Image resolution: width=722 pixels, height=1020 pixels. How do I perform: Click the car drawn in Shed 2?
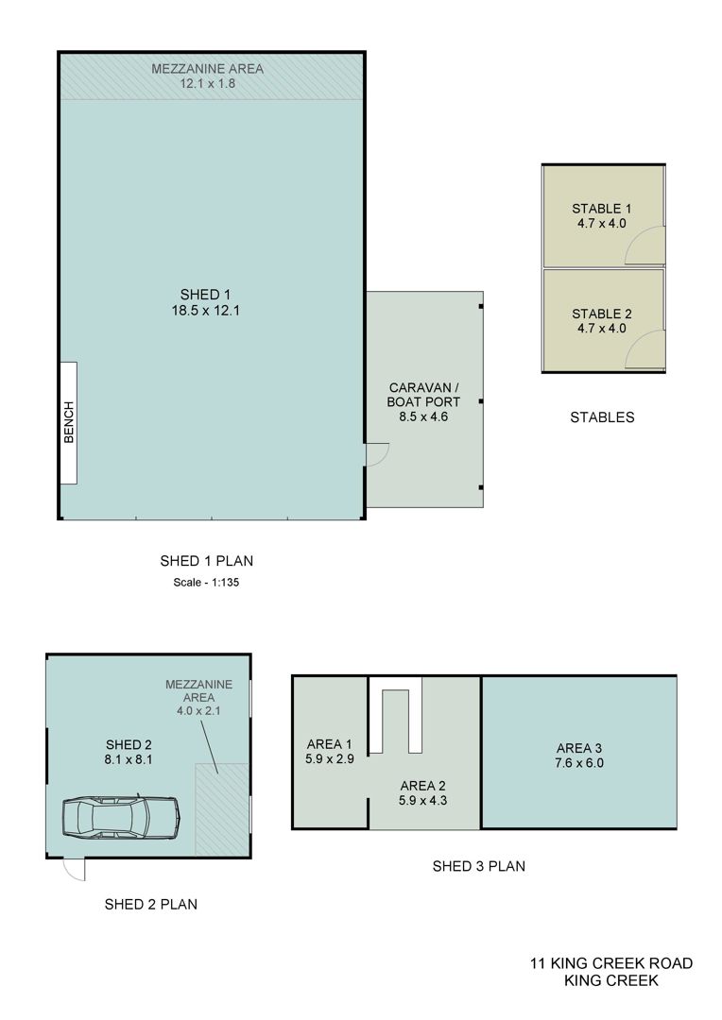[121, 816]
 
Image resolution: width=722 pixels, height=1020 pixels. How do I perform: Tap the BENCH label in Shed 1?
[69, 422]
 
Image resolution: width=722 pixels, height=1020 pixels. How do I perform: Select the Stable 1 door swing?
[645, 246]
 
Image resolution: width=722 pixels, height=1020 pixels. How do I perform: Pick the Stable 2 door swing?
[645, 349]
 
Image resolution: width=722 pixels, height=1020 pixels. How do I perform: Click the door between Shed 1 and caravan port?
[377, 454]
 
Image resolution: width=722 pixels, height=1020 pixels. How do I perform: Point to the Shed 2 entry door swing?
[75, 869]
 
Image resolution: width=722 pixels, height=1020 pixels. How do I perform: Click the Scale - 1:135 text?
[206, 582]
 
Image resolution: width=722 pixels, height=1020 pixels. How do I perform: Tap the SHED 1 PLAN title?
[206, 561]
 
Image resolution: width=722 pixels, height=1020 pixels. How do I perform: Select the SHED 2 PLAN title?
[151, 904]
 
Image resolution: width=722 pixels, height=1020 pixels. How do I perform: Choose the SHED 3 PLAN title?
[478, 866]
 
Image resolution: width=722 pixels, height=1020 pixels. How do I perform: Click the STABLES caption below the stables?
[602, 417]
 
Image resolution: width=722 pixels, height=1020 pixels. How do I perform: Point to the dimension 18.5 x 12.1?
[206, 311]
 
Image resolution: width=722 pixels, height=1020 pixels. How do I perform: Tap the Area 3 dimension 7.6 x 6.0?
[579, 763]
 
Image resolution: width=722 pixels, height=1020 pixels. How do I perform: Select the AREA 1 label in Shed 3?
[330, 744]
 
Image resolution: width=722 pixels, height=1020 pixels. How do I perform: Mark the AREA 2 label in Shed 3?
[423, 786]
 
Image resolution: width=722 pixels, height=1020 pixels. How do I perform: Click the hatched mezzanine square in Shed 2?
[222, 810]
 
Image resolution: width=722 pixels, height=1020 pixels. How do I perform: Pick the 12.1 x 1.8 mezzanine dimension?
[208, 83]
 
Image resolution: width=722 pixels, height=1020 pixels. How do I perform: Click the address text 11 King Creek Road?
[611, 963]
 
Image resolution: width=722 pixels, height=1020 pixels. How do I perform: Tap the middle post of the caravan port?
[480, 401]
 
